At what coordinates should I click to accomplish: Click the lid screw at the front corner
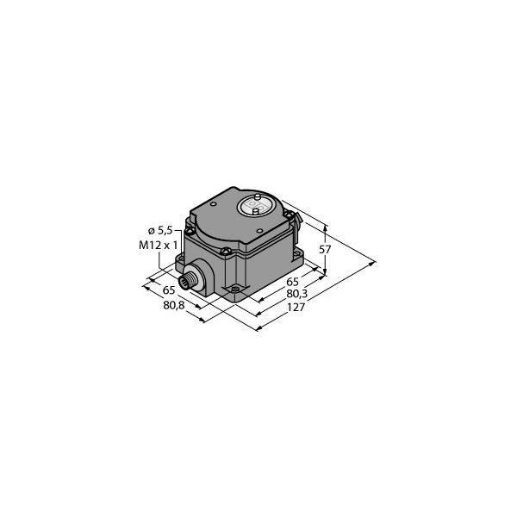(x=224, y=252)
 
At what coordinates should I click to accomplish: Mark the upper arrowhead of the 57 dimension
(x=326, y=226)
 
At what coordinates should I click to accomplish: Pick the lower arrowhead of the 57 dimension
(x=326, y=271)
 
